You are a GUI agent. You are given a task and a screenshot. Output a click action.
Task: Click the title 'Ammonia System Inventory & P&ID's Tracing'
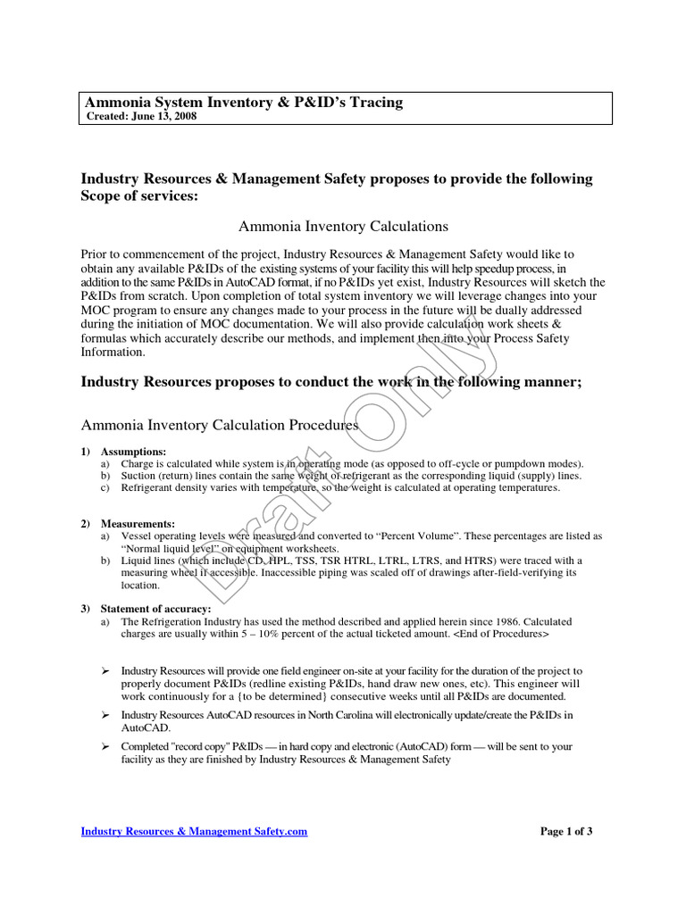pyautogui.click(x=242, y=103)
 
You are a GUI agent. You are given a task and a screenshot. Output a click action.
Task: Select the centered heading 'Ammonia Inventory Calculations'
pyautogui.click(x=343, y=227)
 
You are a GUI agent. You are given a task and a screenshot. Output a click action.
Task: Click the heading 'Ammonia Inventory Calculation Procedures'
pyautogui.click(x=220, y=426)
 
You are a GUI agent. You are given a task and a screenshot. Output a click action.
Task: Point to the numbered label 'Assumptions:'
pyautogui.click(x=133, y=452)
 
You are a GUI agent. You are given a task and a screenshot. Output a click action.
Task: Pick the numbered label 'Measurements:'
pyautogui.click(x=138, y=523)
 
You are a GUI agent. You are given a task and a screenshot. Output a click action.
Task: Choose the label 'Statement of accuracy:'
pyautogui.click(x=155, y=609)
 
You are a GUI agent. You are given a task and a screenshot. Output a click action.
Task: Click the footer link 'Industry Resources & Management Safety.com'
pyautogui.click(x=194, y=831)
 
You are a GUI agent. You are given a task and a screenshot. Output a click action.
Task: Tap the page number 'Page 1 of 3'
pyautogui.click(x=566, y=831)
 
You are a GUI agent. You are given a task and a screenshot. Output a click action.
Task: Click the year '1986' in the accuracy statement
pyautogui.click(x=502, y=621)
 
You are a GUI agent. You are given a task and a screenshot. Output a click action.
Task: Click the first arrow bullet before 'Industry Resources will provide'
pyautogui.click(x=105, y=670)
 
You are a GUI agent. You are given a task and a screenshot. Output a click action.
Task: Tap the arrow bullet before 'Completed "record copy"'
pyautogui.click(x=105, y=746)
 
